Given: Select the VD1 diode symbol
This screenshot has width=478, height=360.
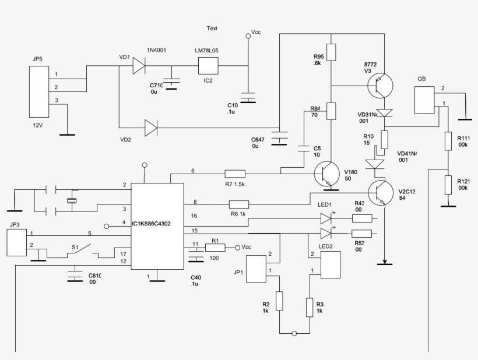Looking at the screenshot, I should pyautogui.click(x=138, y=65).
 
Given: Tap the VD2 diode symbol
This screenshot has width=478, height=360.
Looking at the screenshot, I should pyautogui.click(x=150, y=126).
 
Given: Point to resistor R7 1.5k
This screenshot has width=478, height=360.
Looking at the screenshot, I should pyautogui.click(x=236, y=173).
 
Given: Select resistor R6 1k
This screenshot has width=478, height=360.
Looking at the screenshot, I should pyautogui.click(x=239, y=204).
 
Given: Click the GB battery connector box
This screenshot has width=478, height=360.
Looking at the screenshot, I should pyautogui.click(x=425, y=100).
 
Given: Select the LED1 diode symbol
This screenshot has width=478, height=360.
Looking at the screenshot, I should pyautogui.click(x=326, y=218).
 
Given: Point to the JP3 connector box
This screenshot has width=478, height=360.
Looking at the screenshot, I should pyautogui.click(x=16, y=242).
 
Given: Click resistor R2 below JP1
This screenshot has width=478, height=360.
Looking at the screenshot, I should pyautogui.click(x=280, y=301).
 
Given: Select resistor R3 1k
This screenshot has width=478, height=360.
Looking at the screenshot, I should pyautogui.click(x=309, y=306).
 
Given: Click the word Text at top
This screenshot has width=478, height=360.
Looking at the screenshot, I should pyautogui.click(x=212, y=29).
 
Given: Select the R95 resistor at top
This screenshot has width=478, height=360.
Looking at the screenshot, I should pyautogui.click(x=331, y=52).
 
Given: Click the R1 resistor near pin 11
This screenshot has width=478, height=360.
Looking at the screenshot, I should pyautogui.click(x=215, y=248).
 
